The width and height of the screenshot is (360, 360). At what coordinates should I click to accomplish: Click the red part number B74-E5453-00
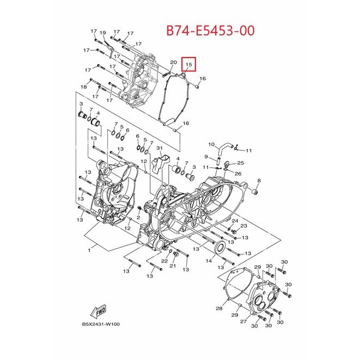point(210,30)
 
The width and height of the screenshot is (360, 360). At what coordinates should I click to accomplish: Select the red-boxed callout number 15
point(188,65)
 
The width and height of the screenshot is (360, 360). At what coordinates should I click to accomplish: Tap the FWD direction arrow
point(99,312)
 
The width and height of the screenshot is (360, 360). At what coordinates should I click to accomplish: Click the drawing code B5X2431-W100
point(101,324)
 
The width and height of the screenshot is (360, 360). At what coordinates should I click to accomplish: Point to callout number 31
point(160,148)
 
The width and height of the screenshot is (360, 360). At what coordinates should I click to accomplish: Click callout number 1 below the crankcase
point(89,250)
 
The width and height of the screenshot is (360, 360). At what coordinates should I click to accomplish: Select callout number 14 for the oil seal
point(209,260)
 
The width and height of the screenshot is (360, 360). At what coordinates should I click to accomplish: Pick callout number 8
point(259,181)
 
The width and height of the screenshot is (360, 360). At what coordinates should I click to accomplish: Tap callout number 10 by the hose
point(211,144)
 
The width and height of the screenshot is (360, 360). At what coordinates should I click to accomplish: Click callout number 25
point(240,163)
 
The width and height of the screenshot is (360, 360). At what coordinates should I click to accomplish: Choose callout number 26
point(238,173)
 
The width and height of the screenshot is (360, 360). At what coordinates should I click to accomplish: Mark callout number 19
point(102,33)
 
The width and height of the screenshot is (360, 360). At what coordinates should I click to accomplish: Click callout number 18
point(83,87)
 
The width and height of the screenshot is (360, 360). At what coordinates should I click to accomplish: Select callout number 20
point(174,62)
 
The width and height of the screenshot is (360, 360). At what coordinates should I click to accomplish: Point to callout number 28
point(219,308)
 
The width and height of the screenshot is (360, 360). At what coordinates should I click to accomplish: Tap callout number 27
point(243,321)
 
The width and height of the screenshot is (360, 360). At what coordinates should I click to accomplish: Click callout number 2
point(138,217)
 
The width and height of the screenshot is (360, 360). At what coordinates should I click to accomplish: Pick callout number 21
point(173,266)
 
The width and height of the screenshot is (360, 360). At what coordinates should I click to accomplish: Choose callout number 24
point(235,221)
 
